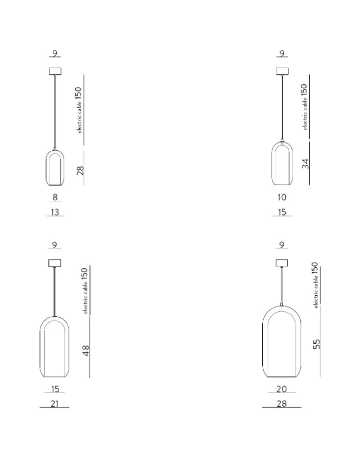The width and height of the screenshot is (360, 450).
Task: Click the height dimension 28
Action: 80,170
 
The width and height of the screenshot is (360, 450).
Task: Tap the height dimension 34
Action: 305,163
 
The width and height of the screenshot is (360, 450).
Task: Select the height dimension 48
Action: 86,350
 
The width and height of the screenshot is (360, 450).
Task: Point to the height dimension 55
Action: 316,344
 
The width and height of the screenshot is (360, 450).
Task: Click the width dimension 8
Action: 55,197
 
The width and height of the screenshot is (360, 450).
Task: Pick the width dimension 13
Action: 55,212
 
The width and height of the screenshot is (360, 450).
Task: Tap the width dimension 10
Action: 282,197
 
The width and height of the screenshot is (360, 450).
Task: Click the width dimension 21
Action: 55,403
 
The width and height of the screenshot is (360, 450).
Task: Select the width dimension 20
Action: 282,389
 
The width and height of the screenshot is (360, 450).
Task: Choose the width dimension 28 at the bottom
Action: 282,403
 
